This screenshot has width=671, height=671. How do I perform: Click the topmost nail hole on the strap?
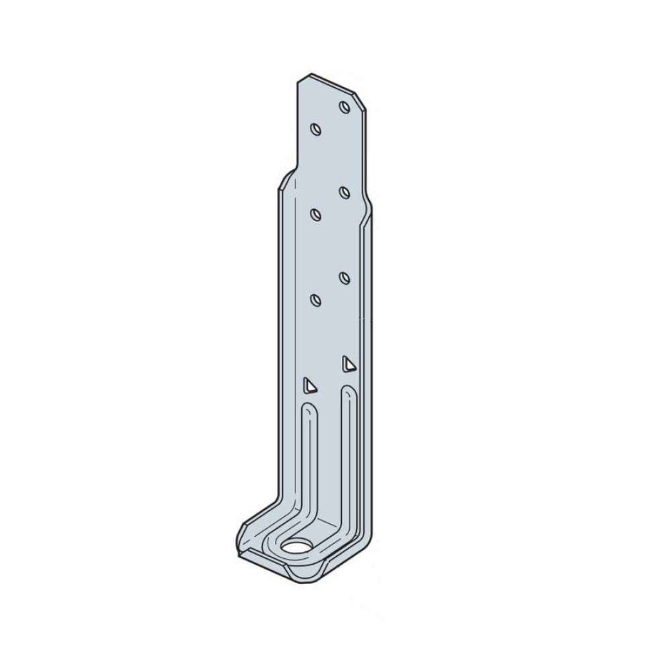click(343, 107)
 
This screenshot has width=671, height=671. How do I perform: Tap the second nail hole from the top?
click(316, 129)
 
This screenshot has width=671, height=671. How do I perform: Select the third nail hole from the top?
click(343, 191)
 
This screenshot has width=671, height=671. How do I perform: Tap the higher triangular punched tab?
click(348, 363)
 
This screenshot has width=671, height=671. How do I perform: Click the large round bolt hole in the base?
click(296, 548)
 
